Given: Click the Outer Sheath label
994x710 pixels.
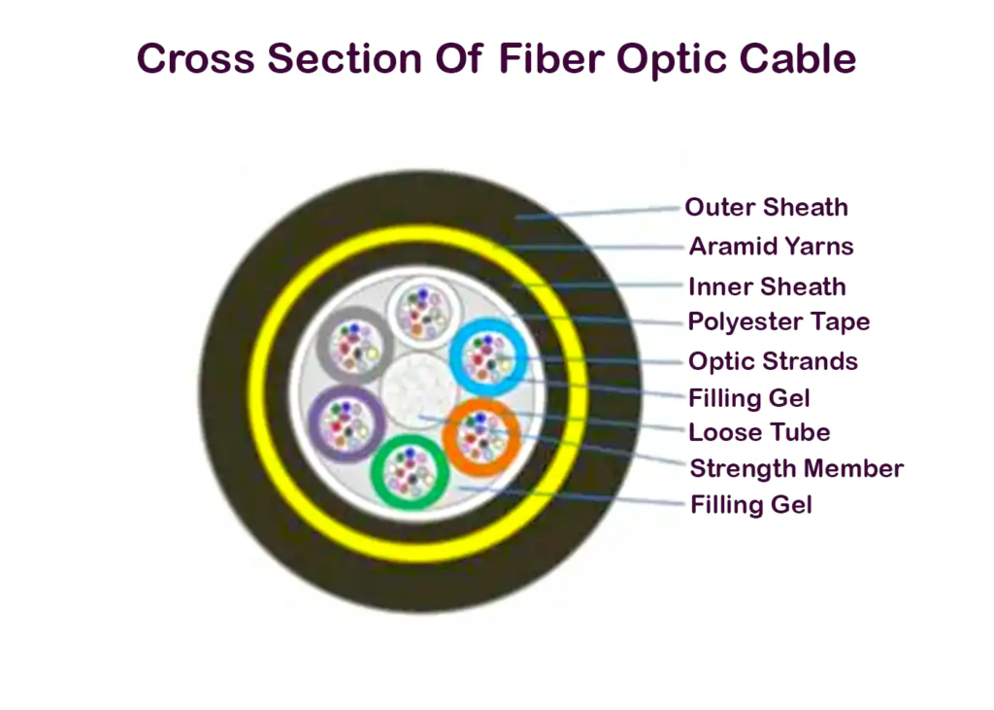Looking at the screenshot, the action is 766,208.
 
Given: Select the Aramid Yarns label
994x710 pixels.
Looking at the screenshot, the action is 771,246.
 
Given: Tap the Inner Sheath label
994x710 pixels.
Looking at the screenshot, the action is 767,287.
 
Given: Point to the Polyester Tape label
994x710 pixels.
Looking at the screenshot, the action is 779,321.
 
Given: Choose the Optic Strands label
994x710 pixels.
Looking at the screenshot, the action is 773,361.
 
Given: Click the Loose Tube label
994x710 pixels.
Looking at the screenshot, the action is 759,432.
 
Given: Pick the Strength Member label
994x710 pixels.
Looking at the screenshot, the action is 796,469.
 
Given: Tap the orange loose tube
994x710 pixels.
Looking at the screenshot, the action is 481,402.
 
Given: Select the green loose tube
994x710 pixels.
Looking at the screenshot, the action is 410,439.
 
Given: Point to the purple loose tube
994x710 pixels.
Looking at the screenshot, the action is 347,389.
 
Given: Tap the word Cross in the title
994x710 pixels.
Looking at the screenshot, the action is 196,58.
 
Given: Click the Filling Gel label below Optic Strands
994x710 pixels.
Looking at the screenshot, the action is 748,398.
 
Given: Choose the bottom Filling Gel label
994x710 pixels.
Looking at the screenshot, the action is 750,505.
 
